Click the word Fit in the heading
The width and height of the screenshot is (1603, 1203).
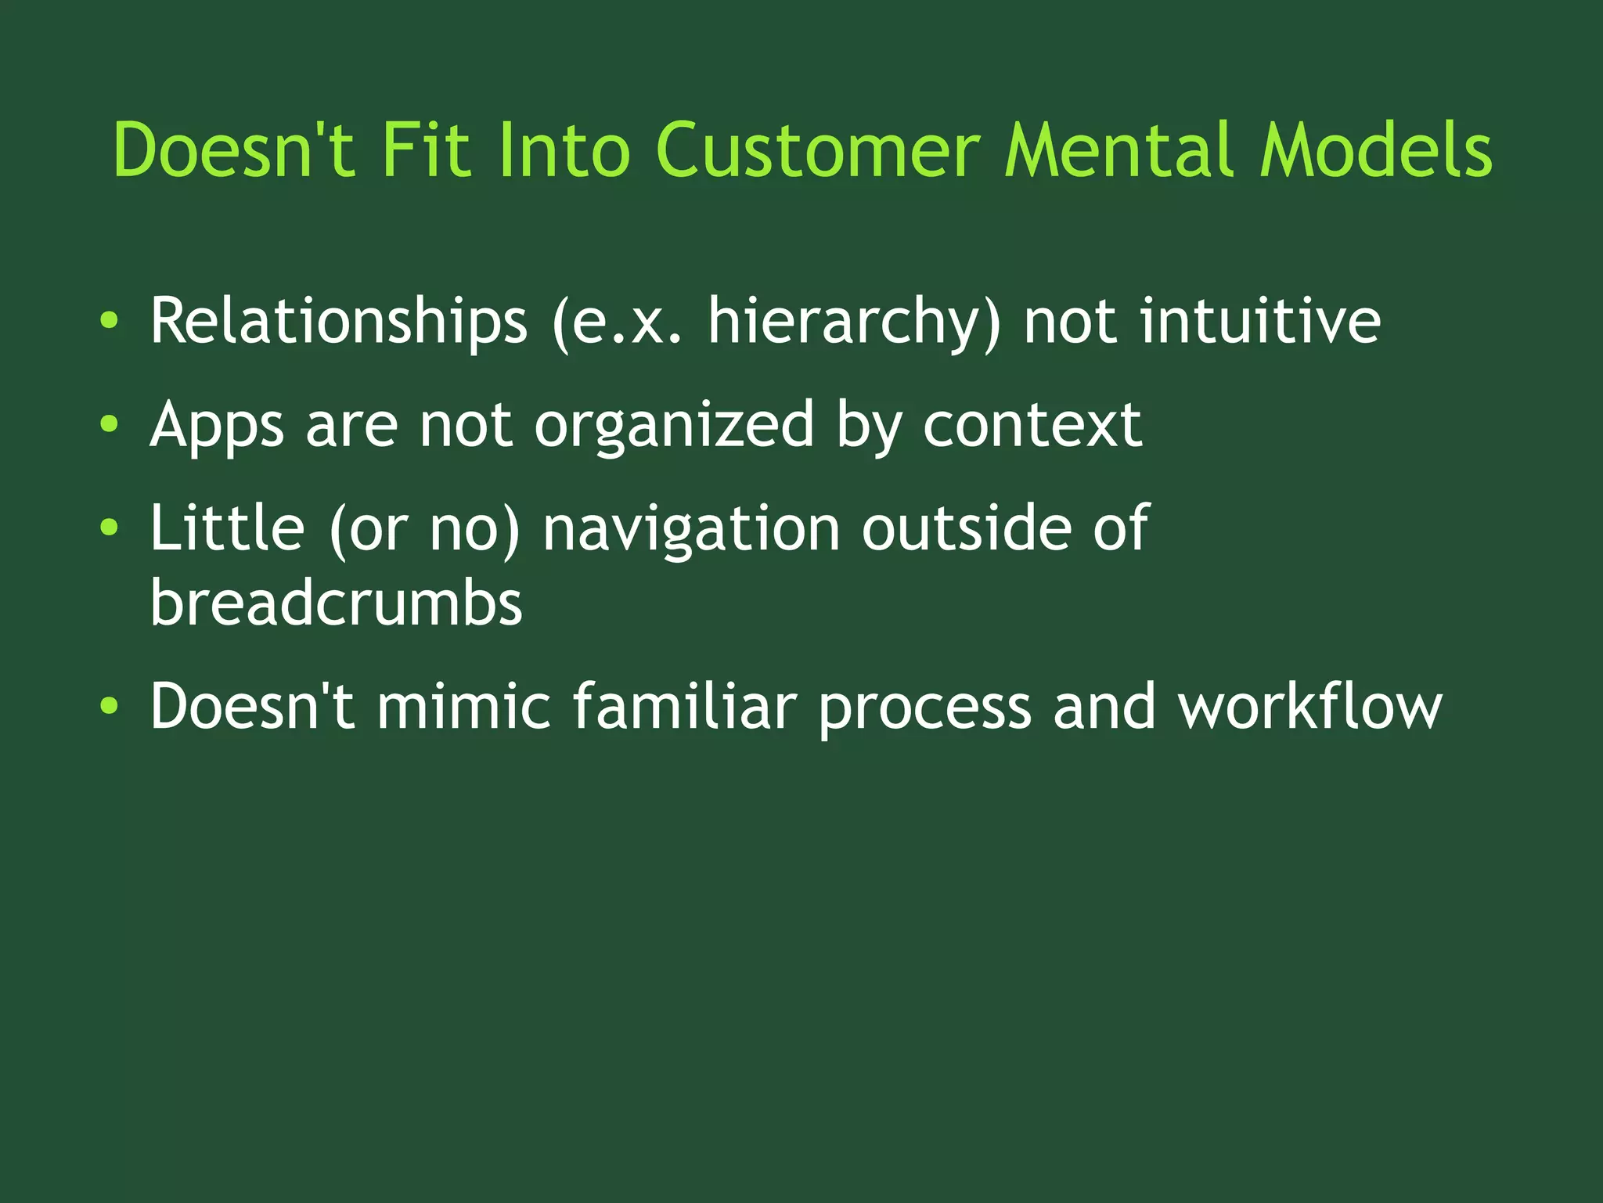tap(426, 149)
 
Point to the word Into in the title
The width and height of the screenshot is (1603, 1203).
tap(563, 149)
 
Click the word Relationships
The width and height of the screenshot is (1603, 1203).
tap(339, 322)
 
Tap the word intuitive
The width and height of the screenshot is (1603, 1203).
tap(1260, 320)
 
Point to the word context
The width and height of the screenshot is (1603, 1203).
tap(1032, 425)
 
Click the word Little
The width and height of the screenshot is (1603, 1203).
tap(227, 528)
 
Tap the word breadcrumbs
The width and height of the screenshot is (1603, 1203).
tap(336, 603)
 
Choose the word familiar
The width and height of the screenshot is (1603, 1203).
tap(685, 706)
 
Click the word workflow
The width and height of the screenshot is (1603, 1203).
tap(1310, 706)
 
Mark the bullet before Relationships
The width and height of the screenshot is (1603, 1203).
tap(110, 320)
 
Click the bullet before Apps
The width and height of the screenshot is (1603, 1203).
tap(110, 424)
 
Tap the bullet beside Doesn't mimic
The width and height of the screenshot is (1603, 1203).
tap(110, 706)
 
